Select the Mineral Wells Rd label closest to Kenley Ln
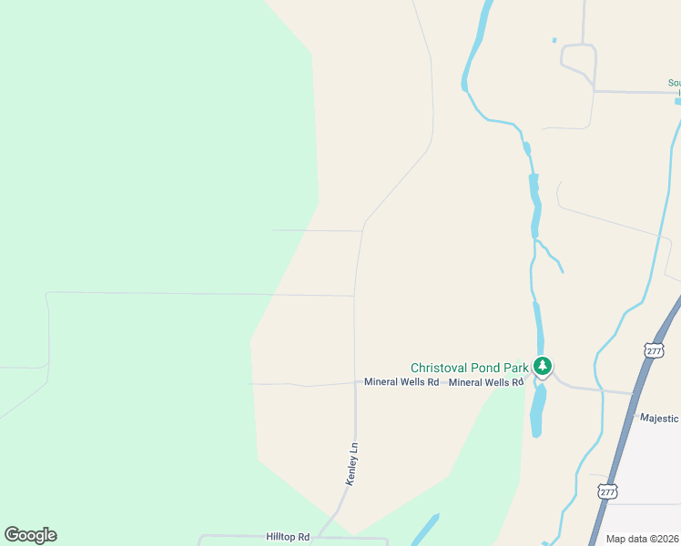tap(401, 382)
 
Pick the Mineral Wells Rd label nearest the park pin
tap(486, 382)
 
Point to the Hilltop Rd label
tap(288, 538)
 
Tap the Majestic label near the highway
tap(659, 419)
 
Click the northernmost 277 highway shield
tap(654, 350)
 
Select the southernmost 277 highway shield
tap(608, 491)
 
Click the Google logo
tap(30, 535)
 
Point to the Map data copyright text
tap(643, 539)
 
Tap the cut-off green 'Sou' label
tap(674, 84)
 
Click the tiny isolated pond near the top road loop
tap(554, 40)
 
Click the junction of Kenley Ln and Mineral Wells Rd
tap(355, 383)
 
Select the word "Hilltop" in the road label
tap(281, 538)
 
